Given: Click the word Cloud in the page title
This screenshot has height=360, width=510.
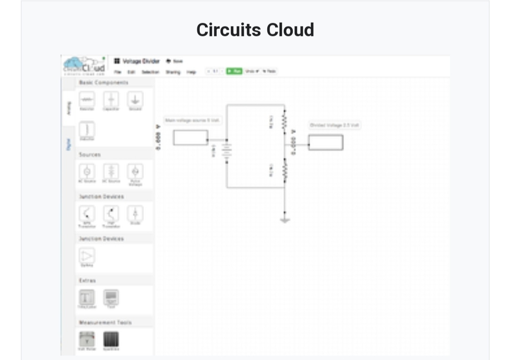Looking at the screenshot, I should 290,30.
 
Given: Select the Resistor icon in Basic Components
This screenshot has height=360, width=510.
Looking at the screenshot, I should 87,100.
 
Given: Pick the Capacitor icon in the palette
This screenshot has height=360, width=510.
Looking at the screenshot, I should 111,100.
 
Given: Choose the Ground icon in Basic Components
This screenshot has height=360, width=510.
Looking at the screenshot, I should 136,100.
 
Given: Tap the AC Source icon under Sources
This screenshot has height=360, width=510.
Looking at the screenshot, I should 87,171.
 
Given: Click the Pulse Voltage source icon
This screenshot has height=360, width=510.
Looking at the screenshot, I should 136,171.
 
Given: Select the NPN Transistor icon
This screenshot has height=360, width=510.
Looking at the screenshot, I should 87,213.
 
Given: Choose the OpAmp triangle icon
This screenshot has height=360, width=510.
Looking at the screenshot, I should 87,256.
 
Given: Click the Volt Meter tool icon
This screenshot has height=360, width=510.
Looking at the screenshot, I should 87,339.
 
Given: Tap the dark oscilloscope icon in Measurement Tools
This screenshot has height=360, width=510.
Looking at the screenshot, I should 111,339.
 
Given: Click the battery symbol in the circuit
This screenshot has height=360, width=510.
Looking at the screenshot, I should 227,151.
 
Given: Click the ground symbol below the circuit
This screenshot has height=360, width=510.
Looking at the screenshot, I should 284,219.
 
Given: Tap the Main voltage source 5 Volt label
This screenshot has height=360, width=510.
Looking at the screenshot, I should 192,120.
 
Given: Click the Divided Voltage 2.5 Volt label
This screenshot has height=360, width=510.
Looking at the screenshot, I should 335,125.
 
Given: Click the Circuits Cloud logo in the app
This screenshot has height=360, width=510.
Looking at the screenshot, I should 85,66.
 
